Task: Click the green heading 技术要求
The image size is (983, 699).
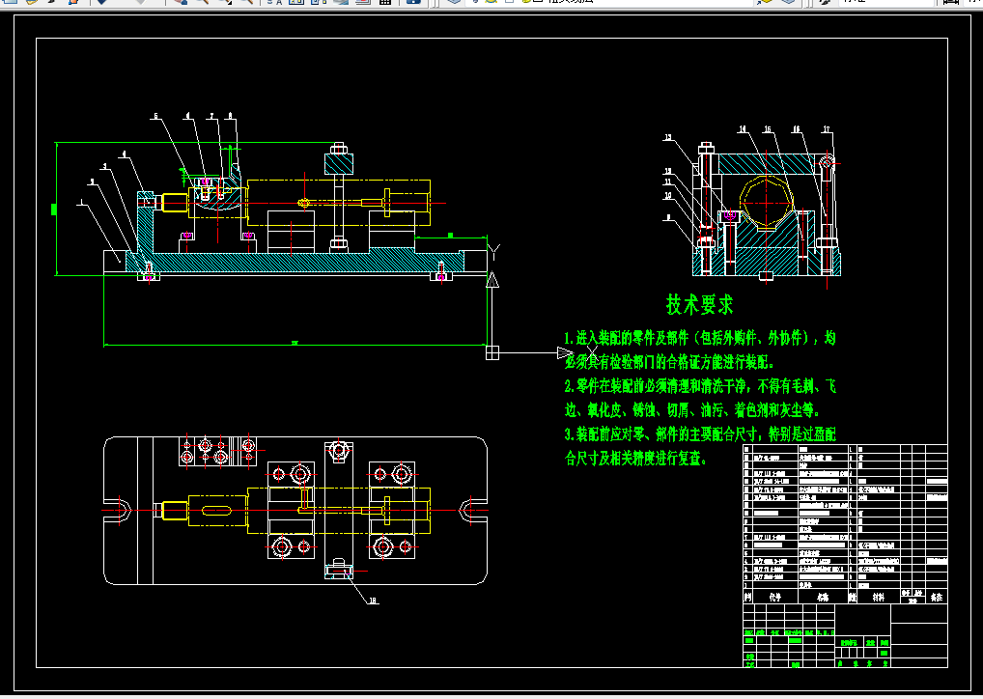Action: [699, 305]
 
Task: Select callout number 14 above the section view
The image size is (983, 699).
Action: [743, 128]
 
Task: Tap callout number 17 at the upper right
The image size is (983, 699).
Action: [827, 129]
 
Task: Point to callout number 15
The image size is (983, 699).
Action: [768, 128]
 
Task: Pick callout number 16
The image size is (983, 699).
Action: [797, 128]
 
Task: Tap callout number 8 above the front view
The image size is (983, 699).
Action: [230, 116]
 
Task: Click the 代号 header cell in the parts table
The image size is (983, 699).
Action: [773, 597]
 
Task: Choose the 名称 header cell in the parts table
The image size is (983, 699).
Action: [822, 597]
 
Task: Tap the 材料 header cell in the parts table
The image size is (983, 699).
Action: [878, 597]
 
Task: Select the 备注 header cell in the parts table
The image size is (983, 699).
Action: [935, 598]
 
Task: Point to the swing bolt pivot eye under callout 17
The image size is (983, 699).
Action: [828, 160]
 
